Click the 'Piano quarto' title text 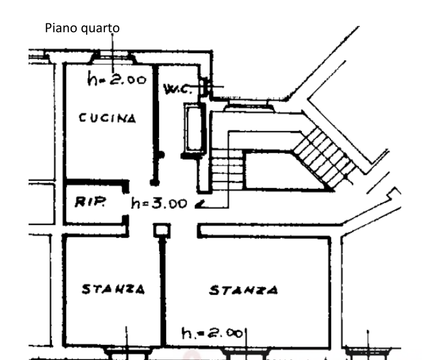tap(82, 28)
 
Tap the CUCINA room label tap(108, 118)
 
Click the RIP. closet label tap(90, 203)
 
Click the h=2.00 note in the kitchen tap(117, 80)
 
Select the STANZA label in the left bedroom tap(113, 288)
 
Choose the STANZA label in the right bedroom tap(243, 290)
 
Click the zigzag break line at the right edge tap(393, 196)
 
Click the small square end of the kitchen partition tap(153, 182)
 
